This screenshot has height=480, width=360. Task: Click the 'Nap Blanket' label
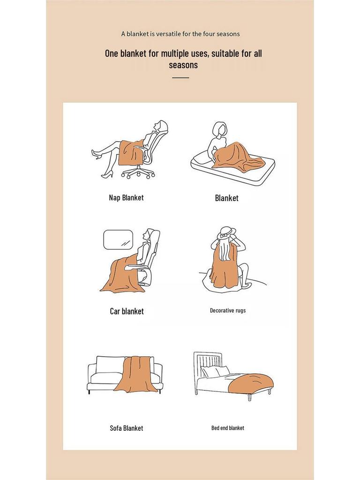tap(126, 198)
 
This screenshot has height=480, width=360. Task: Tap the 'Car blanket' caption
tap(127, 311)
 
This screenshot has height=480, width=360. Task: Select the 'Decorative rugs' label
tap(227, 310)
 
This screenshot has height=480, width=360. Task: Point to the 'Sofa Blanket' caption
tap(126, 428)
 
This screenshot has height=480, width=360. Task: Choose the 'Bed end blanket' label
tap(227, 428)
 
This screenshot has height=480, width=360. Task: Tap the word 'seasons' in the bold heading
tap(183, 65)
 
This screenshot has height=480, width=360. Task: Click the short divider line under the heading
tap(180, 78)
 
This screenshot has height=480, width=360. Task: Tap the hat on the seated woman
tap(226, 232)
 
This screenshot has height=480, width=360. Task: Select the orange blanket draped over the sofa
tap(137, 375)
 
